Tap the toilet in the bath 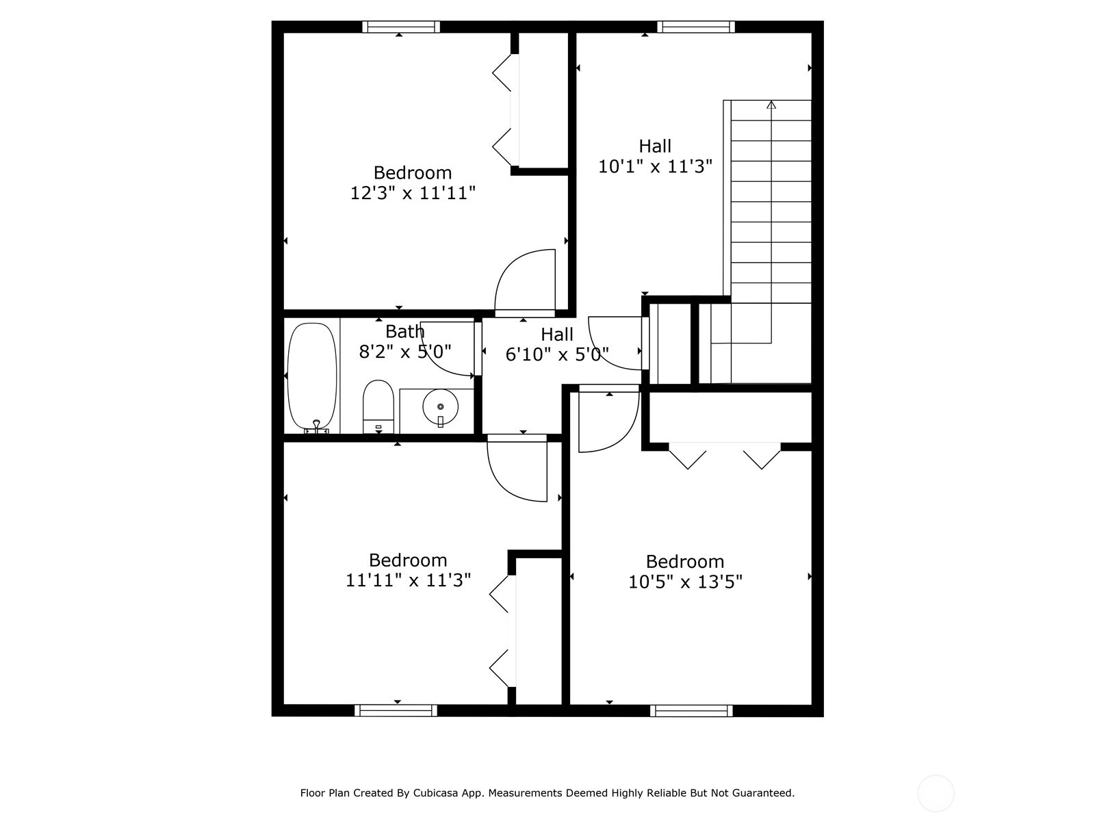[x=378, y=407]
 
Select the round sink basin [x=440, y=407]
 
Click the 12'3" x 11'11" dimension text [x=413, y=193]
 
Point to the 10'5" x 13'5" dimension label [x=685, y=582]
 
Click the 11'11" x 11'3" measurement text [x=408, y=580]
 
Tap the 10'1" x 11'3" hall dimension [x=655, y=166]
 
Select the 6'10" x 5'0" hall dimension [x=557, y=354]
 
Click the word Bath [x=404, y=331]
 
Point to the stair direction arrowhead [x=771, y=105]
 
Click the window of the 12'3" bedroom [x=401, y=27]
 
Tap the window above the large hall [x=696, y=27]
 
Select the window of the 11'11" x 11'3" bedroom [x=396, y=710]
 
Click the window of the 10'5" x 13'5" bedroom [x=691, y=710]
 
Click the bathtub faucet [x=316, y=425]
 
